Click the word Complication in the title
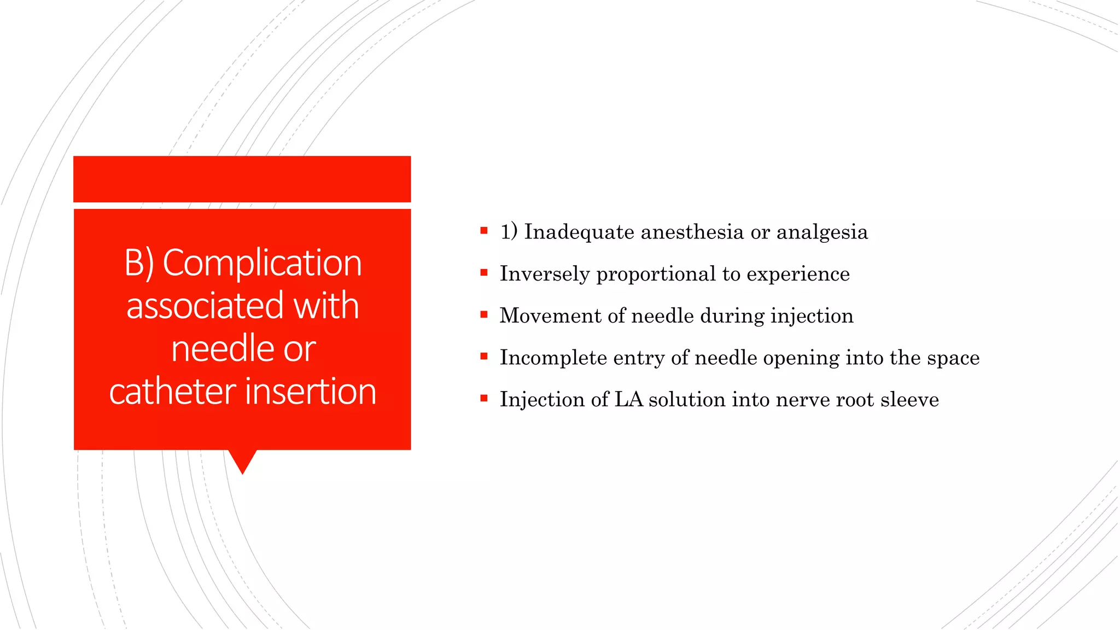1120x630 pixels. coord(262,263)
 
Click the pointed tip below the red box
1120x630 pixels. coord(242,468)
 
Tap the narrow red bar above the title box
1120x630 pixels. coord(242,179)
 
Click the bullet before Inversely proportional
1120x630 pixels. coord(484,273)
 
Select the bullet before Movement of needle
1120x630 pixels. coord(484,314)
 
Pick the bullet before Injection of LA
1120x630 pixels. coord(484,399)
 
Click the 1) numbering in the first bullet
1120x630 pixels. coord(509,231)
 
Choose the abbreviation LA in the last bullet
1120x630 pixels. coord(628,399)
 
